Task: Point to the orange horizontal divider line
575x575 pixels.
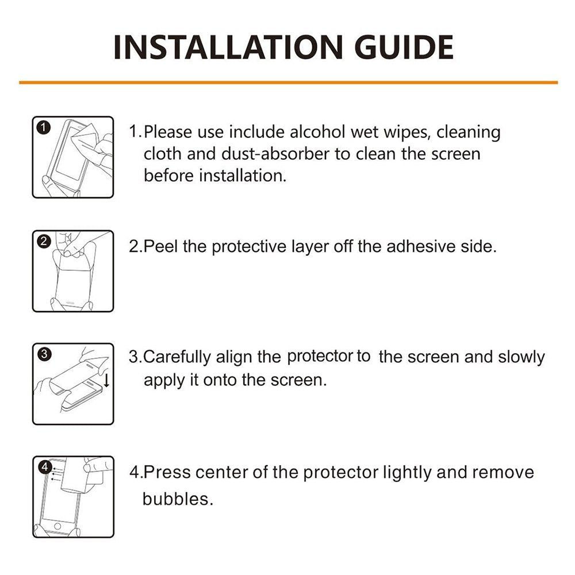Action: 288,82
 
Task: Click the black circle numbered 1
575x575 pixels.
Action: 44,128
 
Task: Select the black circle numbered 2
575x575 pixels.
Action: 44,241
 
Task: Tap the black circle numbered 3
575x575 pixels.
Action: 44,354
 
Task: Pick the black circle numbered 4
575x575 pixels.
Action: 45,467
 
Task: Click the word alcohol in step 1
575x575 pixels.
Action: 317,132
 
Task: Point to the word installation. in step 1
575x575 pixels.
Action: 243,175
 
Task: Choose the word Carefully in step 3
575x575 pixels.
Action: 177,357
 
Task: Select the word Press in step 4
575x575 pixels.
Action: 167,472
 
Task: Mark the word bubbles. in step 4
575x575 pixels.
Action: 178,499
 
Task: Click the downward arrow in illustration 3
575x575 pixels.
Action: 107,380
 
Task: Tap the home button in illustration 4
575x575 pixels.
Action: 57,526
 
